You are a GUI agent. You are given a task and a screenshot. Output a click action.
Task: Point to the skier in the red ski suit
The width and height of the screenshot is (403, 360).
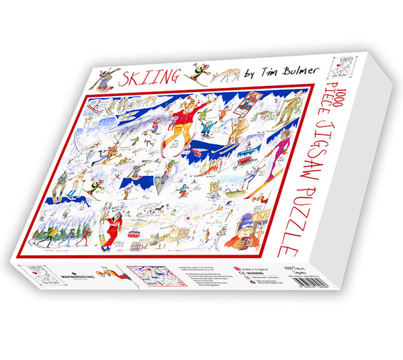pos(108,232)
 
